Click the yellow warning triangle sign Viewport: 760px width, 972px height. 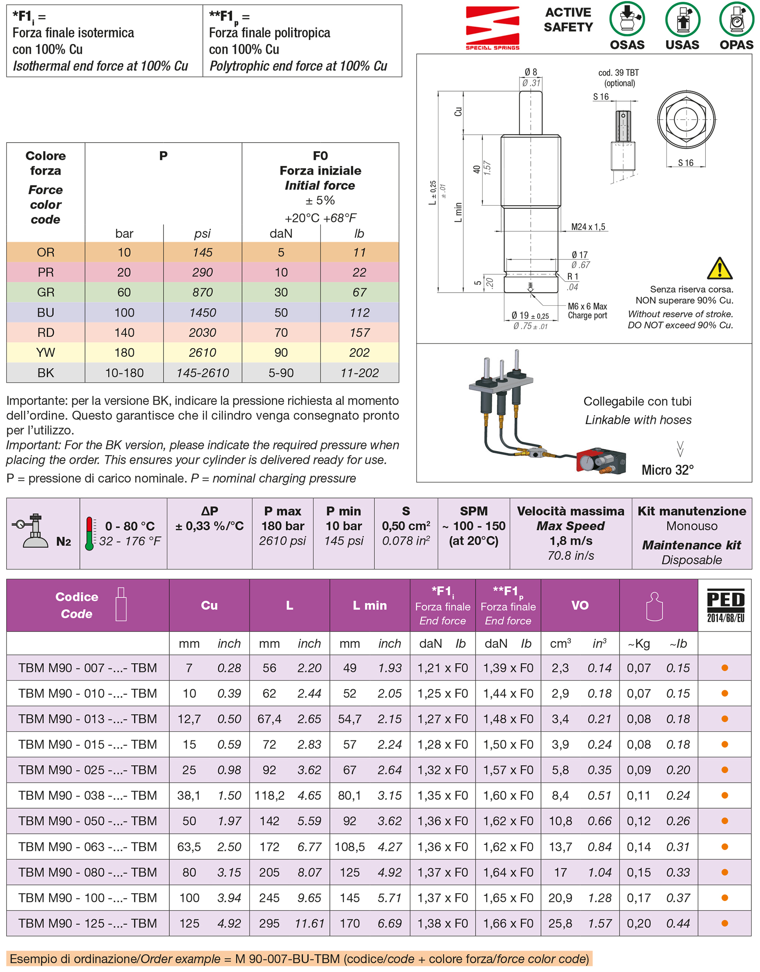[x=719, y=268]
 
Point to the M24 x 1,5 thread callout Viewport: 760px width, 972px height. [x=588, y=227]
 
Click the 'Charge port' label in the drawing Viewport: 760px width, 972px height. [x=587, y=315]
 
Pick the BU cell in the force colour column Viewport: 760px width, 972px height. [x=46, y=313]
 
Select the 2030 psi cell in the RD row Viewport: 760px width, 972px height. [x=202, y=333]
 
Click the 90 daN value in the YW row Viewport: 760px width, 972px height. [x=281, y=353]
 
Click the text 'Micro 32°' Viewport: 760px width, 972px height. [x=667, y=470]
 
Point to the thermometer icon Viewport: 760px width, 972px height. [x=89, y=534]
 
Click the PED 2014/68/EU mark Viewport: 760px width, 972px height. [x=725, y=605]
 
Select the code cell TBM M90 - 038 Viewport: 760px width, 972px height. [x=87, y=795]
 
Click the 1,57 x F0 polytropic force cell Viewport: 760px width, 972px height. [x=508, y=770]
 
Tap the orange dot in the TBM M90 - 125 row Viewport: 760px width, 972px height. [x=724, y=923]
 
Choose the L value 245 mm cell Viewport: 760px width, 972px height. [x=269, y=898]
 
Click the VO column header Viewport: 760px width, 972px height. [x=580, y=605]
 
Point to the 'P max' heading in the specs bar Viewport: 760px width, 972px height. [x=283, y=511]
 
